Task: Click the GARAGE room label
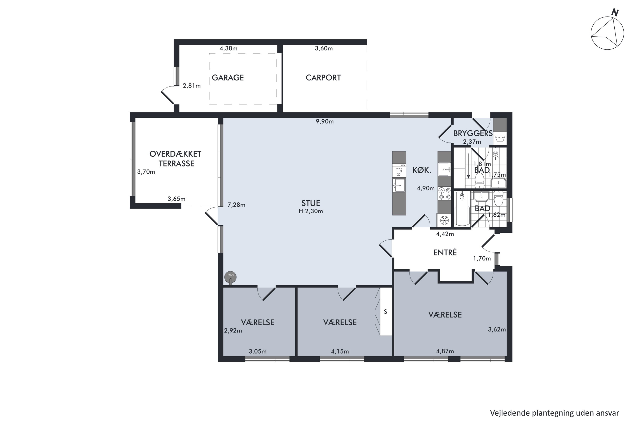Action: tap(228, 78)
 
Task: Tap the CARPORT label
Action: tap(323, 78)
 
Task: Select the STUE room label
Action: tap(311, 203)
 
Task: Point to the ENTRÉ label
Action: tap(445, 252)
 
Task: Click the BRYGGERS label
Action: tap(473, 134)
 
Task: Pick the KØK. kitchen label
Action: tap(422, 170)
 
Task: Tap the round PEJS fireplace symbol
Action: tap(230, 277)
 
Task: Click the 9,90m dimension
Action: tap(325, 122)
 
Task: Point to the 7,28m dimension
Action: tap(236, 205)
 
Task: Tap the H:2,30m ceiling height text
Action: tap(311, 211)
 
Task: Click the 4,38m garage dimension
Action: tap(229, 49)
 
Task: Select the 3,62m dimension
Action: tap(497, 330)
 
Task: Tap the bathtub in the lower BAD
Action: tap(462, 209)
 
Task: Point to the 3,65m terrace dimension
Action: tap(176, 199)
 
